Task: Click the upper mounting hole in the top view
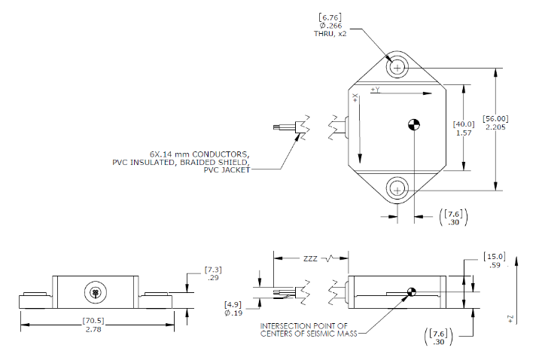click(x=397, y=67)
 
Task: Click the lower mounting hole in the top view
click(x=397, y=188)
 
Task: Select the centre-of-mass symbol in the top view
click(x=413, y=124)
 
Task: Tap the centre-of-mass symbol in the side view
click(x=411, y=292)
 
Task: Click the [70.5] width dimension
click(x=93, y=320)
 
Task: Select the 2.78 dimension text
click(x=93, y=330)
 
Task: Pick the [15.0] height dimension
click(x=495, y=257)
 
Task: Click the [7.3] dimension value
click(x=214, y=269)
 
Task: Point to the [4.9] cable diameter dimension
click(x=233, y=304)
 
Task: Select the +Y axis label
click(x=376, y=90)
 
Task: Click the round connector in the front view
click(x=95, y=291)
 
